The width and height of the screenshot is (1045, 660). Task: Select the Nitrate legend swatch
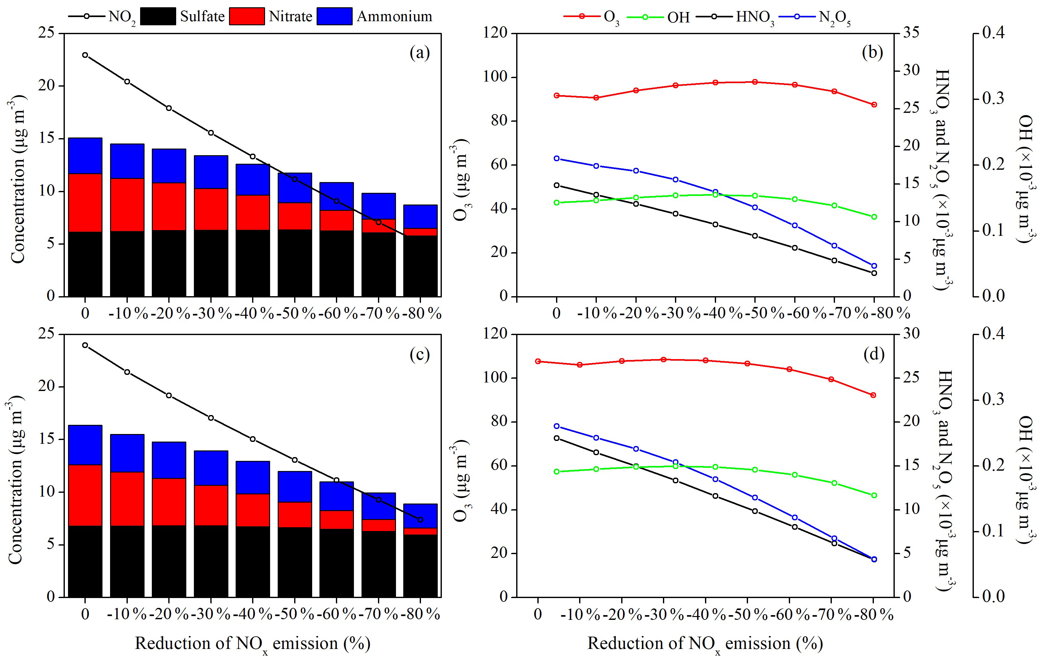point(246,16)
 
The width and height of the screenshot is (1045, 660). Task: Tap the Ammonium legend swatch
point(334,16)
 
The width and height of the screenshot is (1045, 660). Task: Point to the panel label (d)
point(874,354)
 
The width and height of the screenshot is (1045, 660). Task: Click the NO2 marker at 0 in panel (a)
point(85,55)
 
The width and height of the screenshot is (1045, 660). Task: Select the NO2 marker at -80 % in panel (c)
point(420,520)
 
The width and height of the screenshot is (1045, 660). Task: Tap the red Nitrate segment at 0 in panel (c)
point(85,495)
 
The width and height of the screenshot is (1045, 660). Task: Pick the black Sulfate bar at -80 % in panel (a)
point(420,266)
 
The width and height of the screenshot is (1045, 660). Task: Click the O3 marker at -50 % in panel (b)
point(755,82)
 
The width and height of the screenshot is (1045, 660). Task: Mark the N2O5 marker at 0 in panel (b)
point(557,158)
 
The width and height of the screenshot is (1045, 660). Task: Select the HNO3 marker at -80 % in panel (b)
point(874,273)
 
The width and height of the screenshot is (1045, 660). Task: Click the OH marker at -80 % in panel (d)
point(874,495)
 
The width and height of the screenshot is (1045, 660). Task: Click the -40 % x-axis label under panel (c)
point(253,614)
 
